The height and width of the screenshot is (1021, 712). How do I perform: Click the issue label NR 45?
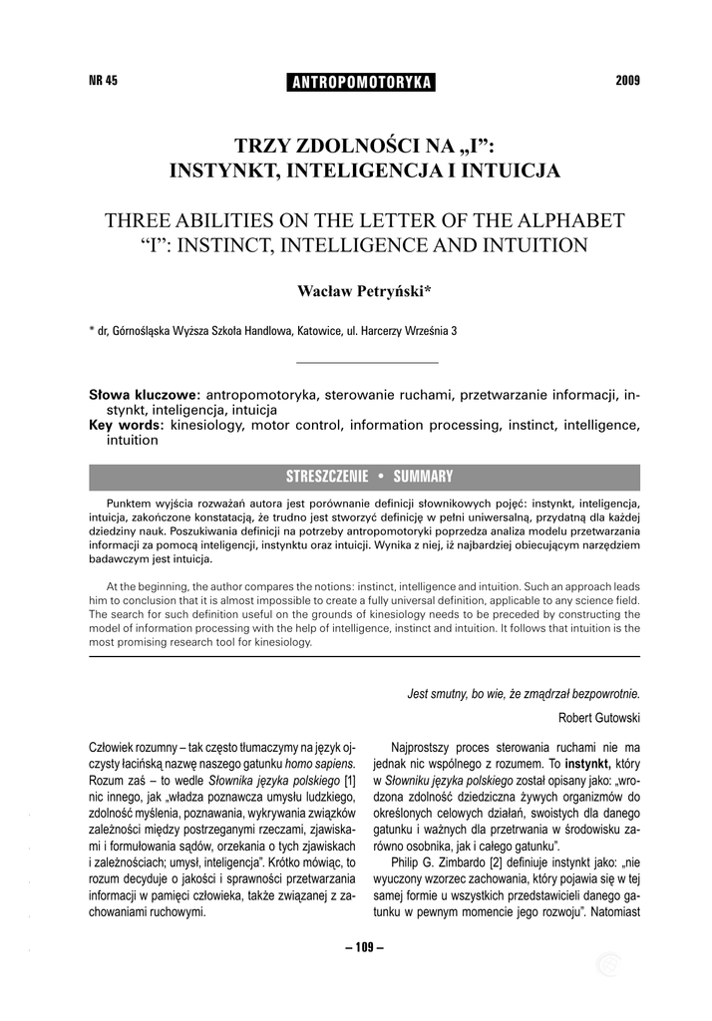104,81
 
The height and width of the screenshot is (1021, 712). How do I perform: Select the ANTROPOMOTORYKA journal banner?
359,83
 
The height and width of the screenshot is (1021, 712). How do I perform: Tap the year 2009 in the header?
628,81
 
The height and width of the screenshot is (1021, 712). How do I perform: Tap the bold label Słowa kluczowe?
145,396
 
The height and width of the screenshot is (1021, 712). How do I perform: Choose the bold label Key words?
127,426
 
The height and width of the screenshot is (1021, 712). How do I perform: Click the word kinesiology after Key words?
207,426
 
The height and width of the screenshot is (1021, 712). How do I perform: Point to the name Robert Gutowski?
599,718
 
